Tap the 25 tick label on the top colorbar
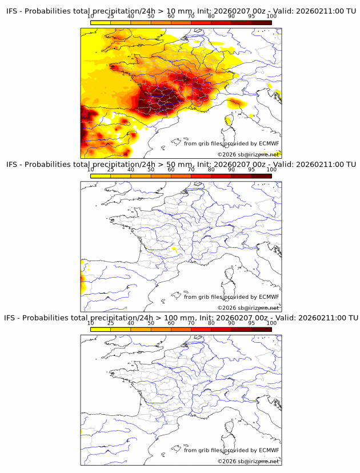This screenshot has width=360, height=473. point(111,17)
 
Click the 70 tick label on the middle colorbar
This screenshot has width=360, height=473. point(191,170)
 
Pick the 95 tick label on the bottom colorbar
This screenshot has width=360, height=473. point(251,323)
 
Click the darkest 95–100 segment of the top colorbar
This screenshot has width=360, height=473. point(262,22)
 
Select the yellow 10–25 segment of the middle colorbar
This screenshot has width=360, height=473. point(101,175)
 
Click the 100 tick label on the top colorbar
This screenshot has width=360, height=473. point(271,17)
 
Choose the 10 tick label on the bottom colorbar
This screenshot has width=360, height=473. point(91,323)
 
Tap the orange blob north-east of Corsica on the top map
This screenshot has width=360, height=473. point(235,103)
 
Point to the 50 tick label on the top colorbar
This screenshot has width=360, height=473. point(151,17)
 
